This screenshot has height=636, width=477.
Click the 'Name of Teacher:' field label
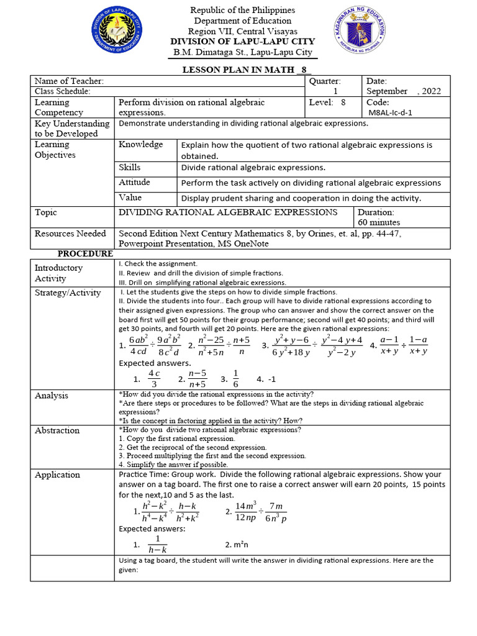click(69, 81)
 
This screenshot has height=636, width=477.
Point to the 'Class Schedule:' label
click(63, 91)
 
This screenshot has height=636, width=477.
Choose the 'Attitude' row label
click(134, 183)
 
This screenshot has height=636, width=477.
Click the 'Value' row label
click(130, 198)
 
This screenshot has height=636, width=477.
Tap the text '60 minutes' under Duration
click(379, 222)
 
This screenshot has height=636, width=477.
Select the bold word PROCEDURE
click(85, 253)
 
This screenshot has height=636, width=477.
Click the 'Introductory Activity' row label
click(58, 273)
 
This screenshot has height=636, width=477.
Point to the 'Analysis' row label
click(52, 396)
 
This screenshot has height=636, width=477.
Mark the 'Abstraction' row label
click(57, 430)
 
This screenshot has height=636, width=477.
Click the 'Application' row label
click(57, 475)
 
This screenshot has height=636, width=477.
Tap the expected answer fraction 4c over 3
click(155, 378)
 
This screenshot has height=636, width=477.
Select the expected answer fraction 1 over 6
click(235, 378)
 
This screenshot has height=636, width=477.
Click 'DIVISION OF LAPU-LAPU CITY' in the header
click(242, 42)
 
